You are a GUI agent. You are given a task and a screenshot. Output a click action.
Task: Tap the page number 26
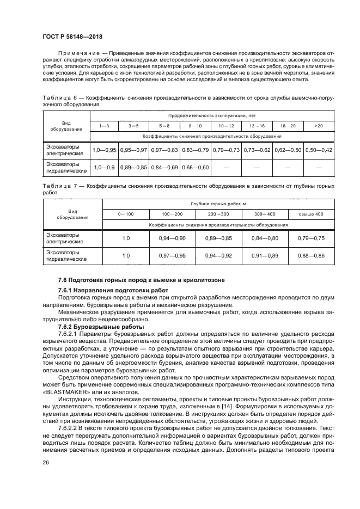click(47, 479)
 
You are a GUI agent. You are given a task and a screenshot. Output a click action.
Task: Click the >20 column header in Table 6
click(319, 126)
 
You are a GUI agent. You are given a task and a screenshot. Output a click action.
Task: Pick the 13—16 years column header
click(257, 126)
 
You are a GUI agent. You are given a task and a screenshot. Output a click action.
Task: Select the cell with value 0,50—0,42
click(319, 150)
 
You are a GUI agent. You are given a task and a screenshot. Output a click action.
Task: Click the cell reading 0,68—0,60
click(196, 167)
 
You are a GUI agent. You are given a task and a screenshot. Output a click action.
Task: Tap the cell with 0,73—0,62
click(257, 150)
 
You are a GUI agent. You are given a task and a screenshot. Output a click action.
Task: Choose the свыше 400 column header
click(310, 214)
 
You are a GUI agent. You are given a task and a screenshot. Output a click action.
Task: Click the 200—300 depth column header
click(219, 214)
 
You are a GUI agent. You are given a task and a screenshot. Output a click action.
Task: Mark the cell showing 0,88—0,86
click(310, 255)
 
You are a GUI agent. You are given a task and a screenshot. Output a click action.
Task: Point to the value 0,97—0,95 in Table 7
click(172, 255)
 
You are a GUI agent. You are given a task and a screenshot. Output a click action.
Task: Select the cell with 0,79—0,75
click(310, 238)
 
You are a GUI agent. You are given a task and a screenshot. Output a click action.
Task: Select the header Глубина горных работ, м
click(219, 203)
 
